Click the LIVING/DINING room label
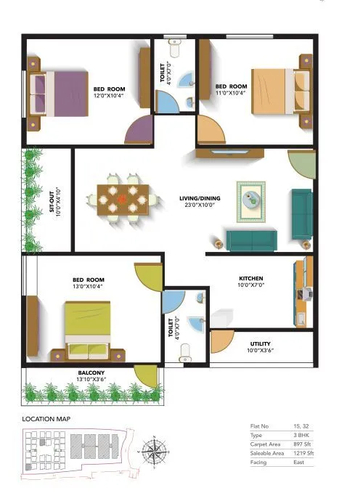click(200, 198)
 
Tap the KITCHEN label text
click(251, 279)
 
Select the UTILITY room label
click(261, 343)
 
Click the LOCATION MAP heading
click(48, 420)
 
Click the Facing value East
click(299, 462)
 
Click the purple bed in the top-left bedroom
click(58, 92)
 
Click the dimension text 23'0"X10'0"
click(200, 205)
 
